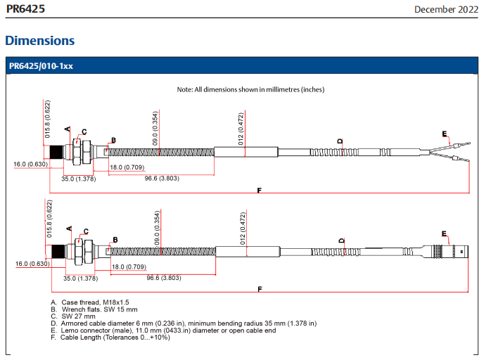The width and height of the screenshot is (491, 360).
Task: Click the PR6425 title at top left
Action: coord(26,8)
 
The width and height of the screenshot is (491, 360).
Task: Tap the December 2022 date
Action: coord(446,9)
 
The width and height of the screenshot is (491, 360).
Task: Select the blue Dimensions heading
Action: coord(40,41)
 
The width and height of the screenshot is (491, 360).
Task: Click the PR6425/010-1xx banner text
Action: coord(41,66)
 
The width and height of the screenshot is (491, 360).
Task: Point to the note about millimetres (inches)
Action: coord(250,89)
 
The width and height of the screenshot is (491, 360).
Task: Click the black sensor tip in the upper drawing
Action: coord(56,153)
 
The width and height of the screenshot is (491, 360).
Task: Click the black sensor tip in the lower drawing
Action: coord(58,252)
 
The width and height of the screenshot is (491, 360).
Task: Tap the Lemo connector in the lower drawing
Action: coord(445,252)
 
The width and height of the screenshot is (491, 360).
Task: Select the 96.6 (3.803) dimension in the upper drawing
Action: coord(162,179)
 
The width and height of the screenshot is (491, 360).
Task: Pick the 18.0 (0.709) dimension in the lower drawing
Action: coord(129,266)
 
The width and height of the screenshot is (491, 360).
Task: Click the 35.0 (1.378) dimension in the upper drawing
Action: coord(79,179)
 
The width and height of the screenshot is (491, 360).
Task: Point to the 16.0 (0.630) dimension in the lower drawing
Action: coord(32,264)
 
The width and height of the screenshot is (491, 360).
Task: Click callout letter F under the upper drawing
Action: coord(260,190)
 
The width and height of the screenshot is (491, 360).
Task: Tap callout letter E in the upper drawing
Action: coord(445,134)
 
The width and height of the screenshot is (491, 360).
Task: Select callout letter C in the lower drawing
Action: coord(86,231)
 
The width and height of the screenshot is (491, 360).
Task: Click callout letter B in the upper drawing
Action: coord(113,140)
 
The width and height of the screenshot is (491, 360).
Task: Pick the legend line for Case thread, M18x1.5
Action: coord(90,302)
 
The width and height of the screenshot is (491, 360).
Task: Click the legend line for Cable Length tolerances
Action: coord(110,337)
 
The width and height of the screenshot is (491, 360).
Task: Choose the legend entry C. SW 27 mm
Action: coord(73,316)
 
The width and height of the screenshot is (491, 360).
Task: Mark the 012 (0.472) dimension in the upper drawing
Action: coord(241,129)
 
